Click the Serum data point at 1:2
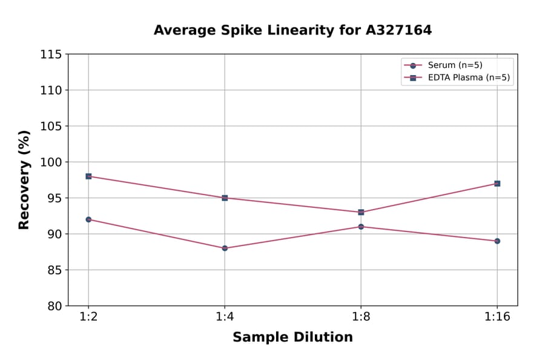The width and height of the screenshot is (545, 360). tap(88, 219)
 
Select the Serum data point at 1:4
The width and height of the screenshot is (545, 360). tap(225, 248)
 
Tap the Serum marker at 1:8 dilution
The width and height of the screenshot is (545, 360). tap(361, 227)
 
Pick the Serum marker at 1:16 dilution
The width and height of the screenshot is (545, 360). tap(497, 241)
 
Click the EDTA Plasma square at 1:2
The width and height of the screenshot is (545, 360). tap(88, 176)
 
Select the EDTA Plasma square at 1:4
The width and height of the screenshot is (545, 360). tap(225, 198)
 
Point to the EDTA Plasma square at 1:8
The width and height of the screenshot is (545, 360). tap(361, 212)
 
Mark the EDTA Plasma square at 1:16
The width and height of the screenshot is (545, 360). tap(497, 184)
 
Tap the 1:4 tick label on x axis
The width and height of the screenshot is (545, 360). tap(225, 317)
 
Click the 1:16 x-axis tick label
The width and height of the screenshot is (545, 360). tap(497, 317)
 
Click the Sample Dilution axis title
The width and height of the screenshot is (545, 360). tap(292, 338)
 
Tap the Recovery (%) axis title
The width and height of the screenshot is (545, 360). tap(24, 180)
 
